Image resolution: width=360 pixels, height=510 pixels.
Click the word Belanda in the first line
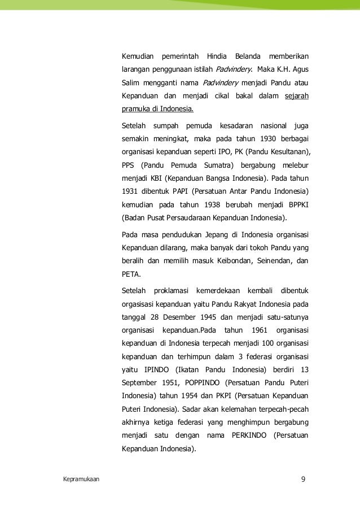pos(243,58)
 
